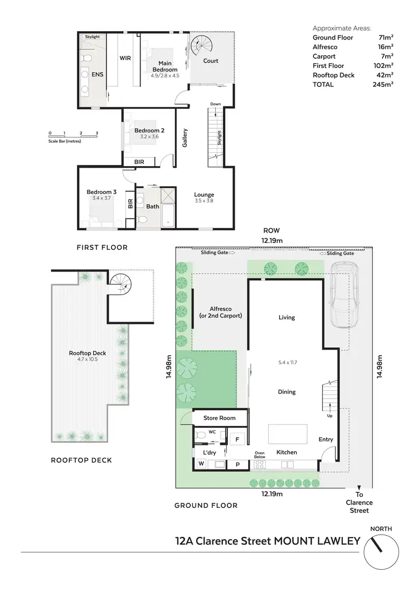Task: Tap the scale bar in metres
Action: (x=73, y=136)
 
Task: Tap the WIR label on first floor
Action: (x=125, y=57)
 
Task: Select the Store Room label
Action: (x=220, y=418)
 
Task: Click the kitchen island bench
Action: (x=288, y=433)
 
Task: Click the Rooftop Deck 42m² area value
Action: (x=385, y=75)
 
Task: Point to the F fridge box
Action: (x=237, y=440)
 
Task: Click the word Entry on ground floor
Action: (x=325, y=439)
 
